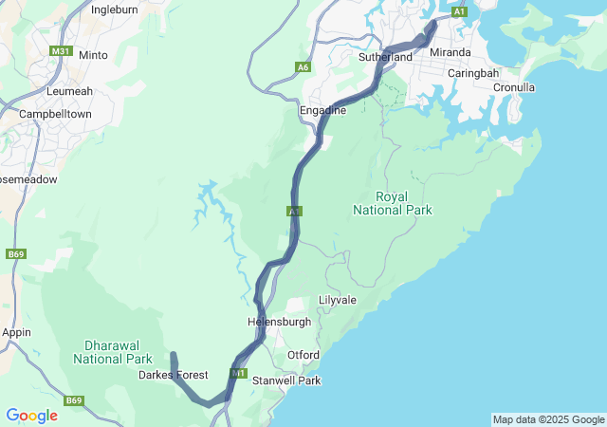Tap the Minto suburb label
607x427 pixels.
click(x=93, y=55)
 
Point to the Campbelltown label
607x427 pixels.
click(x=55, y=113)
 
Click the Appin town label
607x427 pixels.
click(x=17, y=333)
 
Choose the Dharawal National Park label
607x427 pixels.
click(x=112, y=353)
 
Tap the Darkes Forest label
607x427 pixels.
click(x=173, y=376)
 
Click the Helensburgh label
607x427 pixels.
click(x=279, y=322)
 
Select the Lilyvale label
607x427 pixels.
click(x=337, y=300)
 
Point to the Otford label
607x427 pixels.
click(x=303, y=356)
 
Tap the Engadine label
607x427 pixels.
click(x=322, y=111)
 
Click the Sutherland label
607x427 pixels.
click(x=385, y=58)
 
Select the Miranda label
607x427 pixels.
click(x=450, y=52)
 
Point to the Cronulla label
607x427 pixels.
click(x=514, y=87)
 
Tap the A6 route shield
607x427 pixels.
click(x=303, y=67)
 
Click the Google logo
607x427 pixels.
click(x=31, y=416)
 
